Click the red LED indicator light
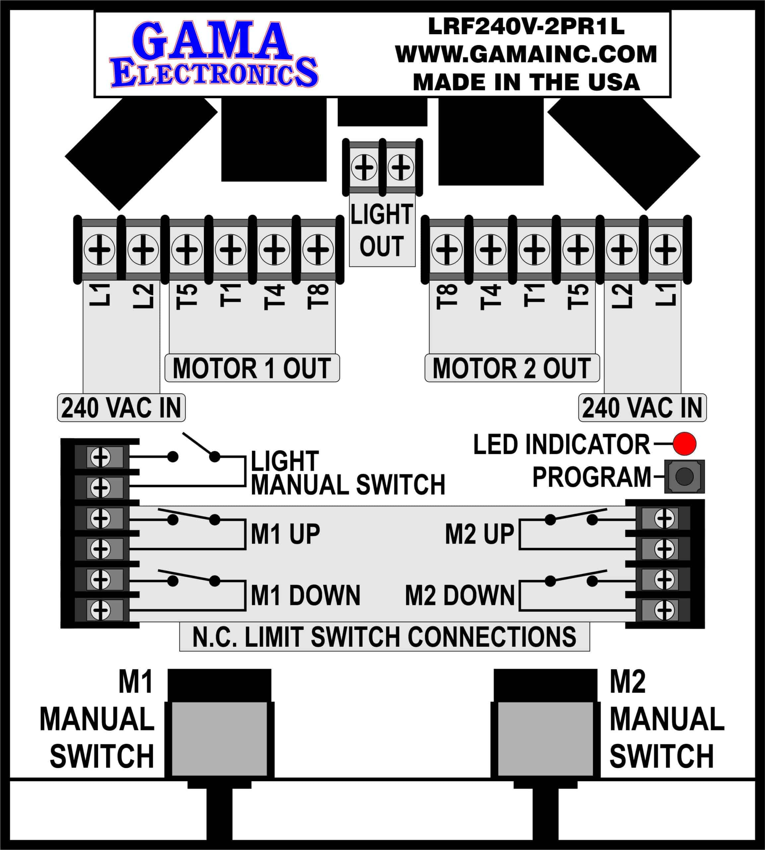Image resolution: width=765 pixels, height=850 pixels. tap(684, 444)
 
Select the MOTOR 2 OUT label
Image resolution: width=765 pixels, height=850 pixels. tap(512, 369)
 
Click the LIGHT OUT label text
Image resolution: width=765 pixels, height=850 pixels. tap(382, 230)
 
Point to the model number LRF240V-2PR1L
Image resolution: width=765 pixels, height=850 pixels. tap(526, 27)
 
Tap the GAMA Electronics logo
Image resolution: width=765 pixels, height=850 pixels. tap(214, 55)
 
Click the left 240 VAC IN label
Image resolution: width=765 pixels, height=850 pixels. tap(121, 408)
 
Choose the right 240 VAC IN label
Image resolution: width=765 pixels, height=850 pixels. tap(642, 408)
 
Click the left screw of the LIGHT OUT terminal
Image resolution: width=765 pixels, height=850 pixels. tap(364, 167)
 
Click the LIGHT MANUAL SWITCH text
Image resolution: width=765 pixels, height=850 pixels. tap(348, 473)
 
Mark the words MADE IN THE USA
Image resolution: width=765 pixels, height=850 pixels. tap(526, 82)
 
